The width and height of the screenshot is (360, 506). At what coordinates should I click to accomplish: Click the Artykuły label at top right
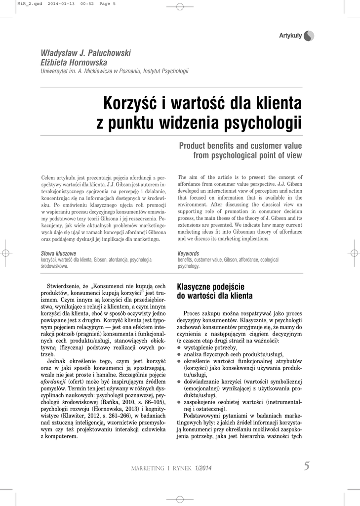click(x=290, y=35)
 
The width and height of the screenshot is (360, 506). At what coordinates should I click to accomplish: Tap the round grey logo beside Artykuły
click(x=309, y=36)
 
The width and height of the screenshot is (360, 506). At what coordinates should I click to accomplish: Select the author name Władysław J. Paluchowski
click(x=85, y=53)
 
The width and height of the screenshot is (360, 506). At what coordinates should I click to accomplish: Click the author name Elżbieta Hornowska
click(x=74, y=63)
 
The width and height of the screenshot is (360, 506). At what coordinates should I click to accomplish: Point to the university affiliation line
click(x=114, y=72)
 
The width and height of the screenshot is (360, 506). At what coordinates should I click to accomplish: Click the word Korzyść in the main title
click(x=129, y=104)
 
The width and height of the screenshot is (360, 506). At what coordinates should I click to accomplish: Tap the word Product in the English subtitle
click(x=195, y=146)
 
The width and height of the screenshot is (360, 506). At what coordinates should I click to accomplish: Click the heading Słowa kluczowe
click(x=58, y=253)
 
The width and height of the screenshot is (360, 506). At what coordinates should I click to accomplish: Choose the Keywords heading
click(x=188, y=253)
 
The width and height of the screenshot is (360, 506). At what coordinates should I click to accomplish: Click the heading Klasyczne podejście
click(x=210, y=287)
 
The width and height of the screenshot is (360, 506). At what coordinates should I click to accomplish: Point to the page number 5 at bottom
click(x=307, y=465)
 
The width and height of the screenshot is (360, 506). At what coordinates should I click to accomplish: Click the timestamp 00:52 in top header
click(x=80, y=3)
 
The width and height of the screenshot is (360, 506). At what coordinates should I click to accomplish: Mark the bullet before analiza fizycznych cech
click(x=179, y=355)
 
